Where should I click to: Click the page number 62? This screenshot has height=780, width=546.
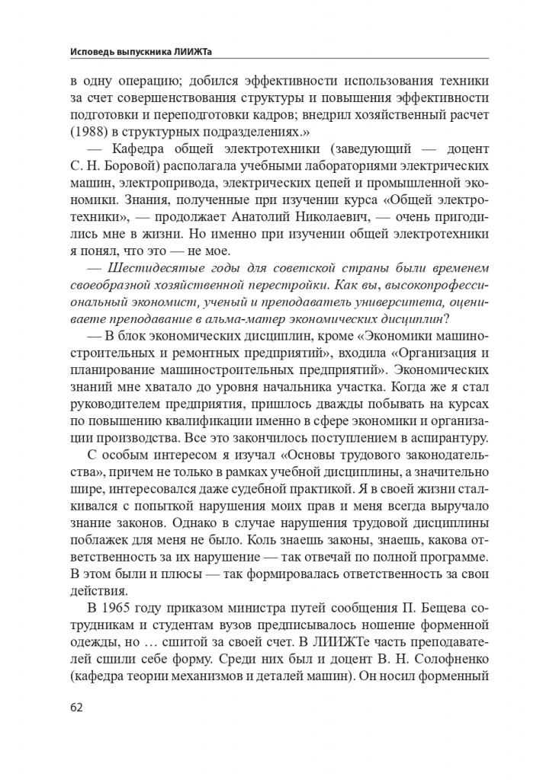click(76, 706)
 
